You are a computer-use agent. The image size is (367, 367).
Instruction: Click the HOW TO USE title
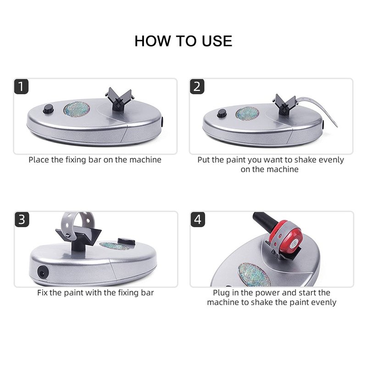183,41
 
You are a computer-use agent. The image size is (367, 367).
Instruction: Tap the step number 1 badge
21,86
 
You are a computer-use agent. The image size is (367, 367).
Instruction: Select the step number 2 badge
197,86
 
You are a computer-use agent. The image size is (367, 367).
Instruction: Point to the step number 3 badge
22,219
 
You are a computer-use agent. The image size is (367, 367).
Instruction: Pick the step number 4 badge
198,219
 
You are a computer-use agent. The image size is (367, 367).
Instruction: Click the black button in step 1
48,109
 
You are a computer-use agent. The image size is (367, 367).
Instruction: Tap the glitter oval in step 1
77,110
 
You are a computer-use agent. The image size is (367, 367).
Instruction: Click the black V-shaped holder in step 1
119,98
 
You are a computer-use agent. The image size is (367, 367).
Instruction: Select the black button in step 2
222,113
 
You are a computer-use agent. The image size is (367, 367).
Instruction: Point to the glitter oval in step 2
247,113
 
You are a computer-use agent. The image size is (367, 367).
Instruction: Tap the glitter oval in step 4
254,275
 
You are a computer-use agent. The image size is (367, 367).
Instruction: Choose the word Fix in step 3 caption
42,293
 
